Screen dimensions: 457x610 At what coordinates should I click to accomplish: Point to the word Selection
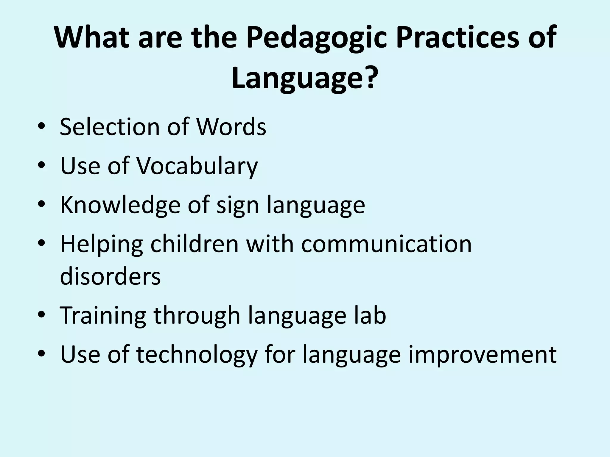[110, 127]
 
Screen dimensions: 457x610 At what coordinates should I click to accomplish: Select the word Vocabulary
[197, 166]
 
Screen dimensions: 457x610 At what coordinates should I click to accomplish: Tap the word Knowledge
[120, 205]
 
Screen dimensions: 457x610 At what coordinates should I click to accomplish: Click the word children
[194, 244]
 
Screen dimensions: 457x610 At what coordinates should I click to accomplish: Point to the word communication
[386, 244]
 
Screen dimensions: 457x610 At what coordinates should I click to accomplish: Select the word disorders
[110, 276]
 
